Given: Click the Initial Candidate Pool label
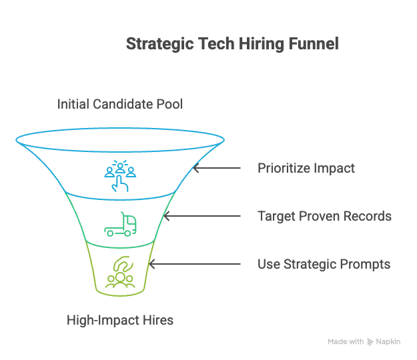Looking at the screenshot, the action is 119,104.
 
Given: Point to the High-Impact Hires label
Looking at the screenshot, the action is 120,320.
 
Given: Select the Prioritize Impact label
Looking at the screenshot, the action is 306,168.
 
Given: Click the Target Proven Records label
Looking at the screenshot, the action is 324,216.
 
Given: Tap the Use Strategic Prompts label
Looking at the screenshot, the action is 324,264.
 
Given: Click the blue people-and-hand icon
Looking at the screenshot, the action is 120,175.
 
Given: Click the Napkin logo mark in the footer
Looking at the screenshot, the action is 370,341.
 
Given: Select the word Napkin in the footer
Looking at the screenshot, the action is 388,341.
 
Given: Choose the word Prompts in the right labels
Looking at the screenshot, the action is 366,264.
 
